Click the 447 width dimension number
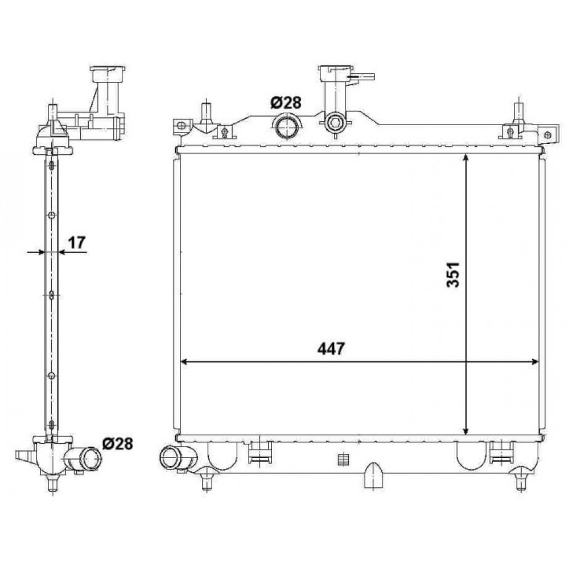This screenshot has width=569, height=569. (331, 349)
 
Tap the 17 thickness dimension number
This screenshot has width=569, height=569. (77, 242)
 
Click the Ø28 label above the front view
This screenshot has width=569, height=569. (286, 103)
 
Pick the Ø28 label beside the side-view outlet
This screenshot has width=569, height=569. (118, 443)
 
